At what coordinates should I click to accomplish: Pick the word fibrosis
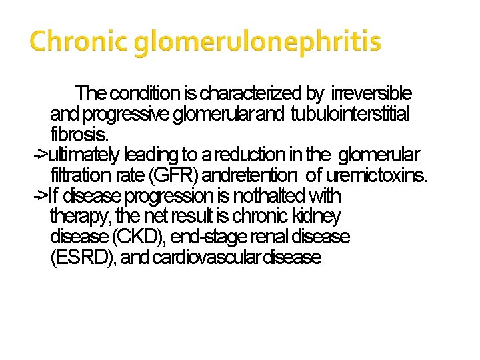(x=77, y=134)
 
